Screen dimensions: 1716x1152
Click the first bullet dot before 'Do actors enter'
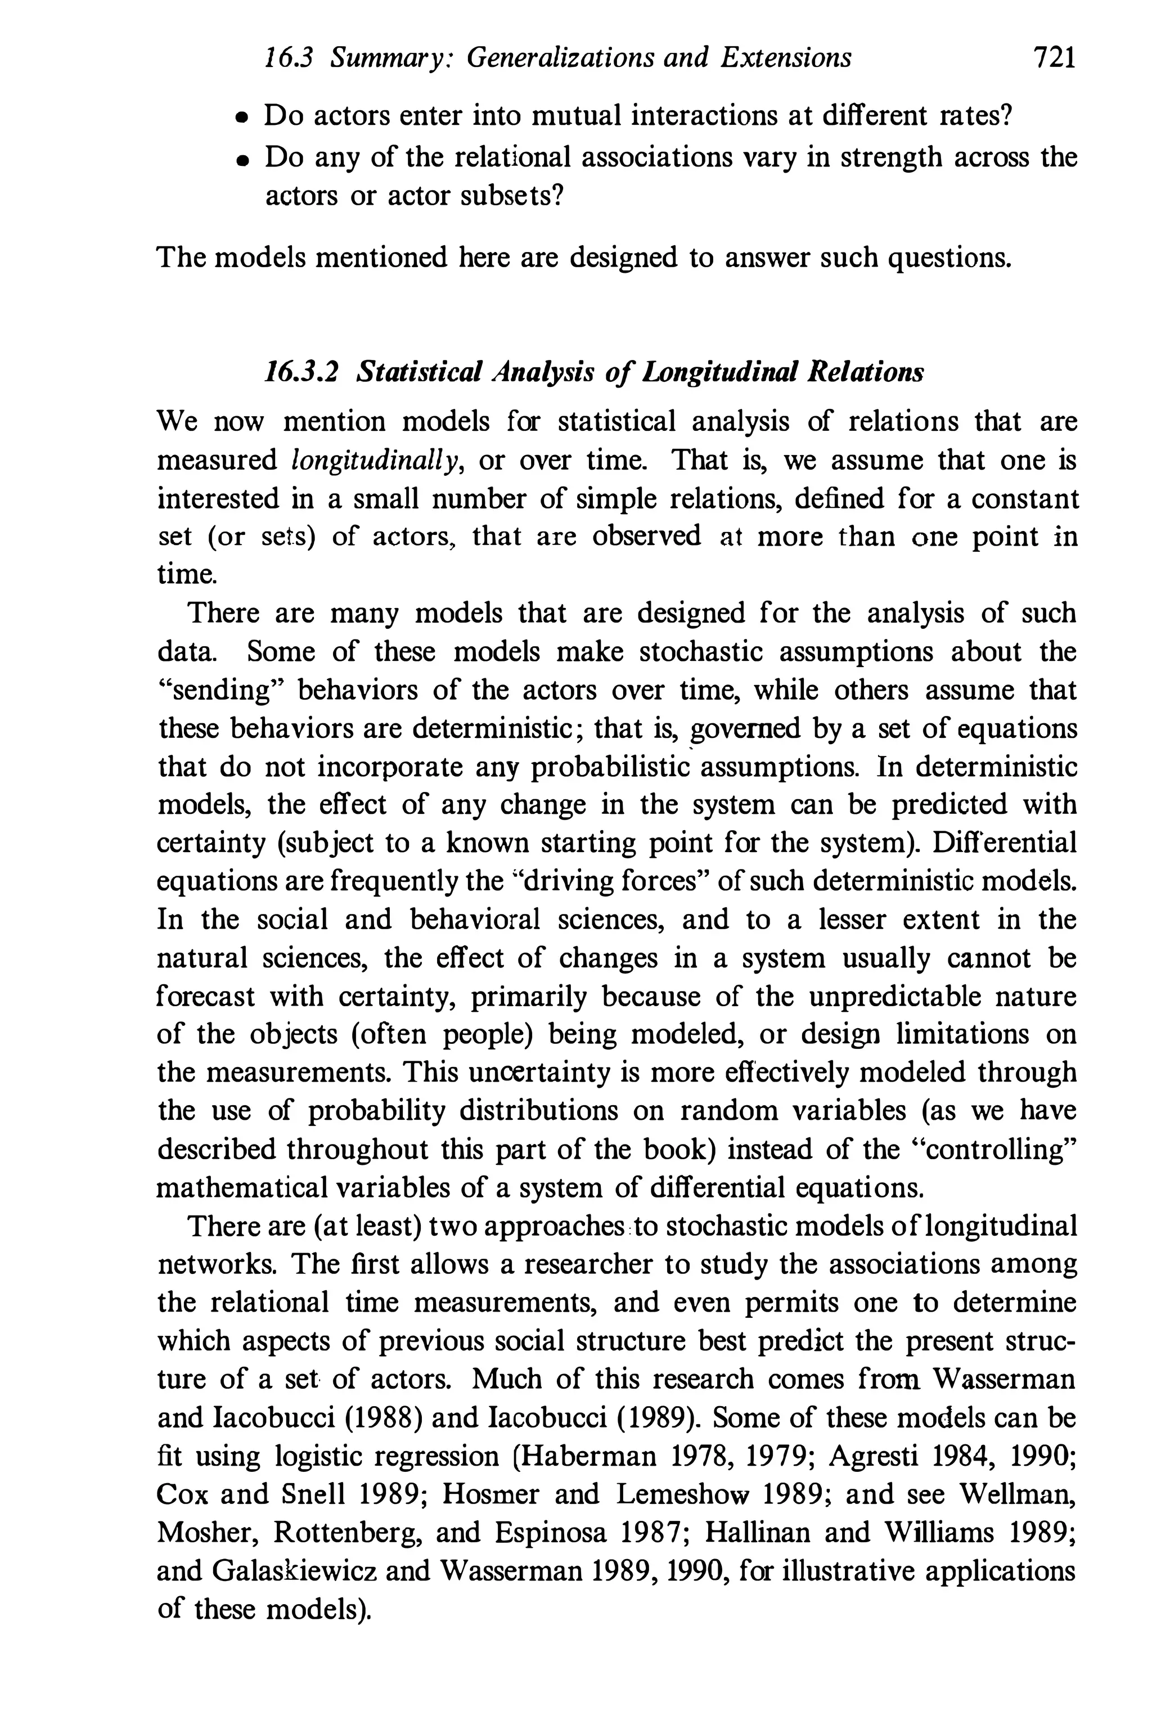click(x=240, y=118)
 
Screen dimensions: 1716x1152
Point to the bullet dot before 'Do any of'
click(x=240, y=159)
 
